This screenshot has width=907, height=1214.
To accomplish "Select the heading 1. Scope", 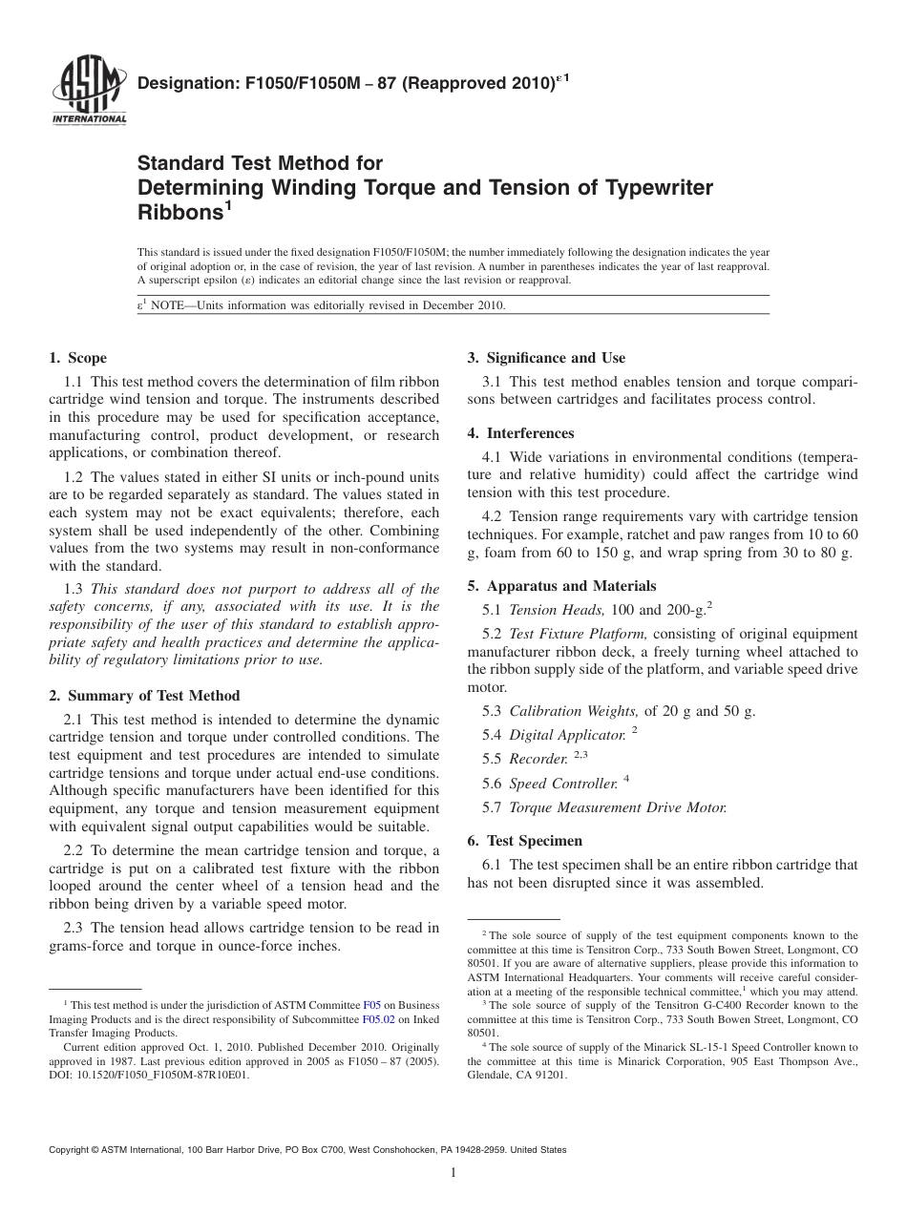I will [78, 359].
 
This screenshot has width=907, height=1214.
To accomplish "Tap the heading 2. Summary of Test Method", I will [144, 696].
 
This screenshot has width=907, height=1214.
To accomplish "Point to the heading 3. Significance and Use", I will [546, 358].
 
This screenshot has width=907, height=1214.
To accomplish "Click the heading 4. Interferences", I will [520, 433].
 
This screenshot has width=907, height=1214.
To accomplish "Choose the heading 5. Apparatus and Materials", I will [561, 586].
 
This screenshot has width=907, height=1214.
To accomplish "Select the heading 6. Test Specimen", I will [524, 841].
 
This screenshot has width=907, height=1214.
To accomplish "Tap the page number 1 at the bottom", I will [453, 1173].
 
